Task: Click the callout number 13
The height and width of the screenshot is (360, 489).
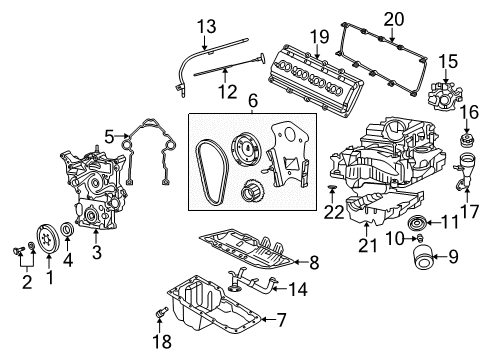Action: (x=206, y=24)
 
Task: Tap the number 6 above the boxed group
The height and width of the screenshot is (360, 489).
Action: (x=254, y=101)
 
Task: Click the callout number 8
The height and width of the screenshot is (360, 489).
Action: (x=313, y=264)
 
